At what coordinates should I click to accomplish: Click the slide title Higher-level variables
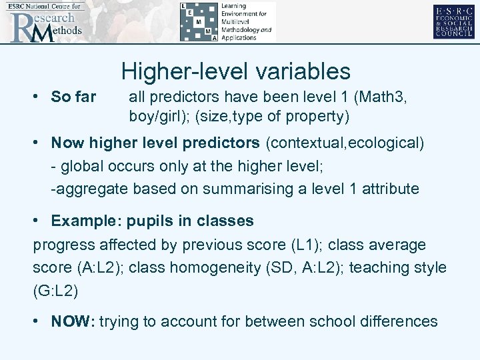[x=236, y=71]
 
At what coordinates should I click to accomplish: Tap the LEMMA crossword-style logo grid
[x=199, y=22]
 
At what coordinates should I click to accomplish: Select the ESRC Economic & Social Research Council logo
[x=453, y=22]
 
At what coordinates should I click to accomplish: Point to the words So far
[x=73, y=97]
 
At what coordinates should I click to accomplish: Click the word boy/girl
[x=155, y=117]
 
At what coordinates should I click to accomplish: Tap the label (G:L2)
[x=55, y=291]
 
